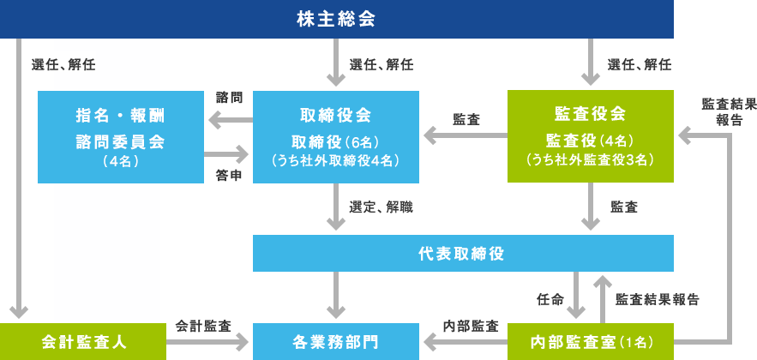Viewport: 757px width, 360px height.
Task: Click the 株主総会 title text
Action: tap(336, 20)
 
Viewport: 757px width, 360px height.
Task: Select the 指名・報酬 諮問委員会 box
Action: tap(121, 137)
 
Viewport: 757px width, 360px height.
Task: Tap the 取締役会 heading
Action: tap(336, 116)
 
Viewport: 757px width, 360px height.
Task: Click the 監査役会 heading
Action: tap(591, 114)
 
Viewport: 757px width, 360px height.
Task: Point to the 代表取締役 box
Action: tap(464, 254)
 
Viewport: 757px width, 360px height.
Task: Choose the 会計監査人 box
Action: tap(83, 342)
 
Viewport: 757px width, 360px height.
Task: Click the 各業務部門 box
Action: tap(336, 342)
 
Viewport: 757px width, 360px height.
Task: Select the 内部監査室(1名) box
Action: tap(591, 342)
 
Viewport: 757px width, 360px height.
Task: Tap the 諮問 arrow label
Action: tap(229, 98)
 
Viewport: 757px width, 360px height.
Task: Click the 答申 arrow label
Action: tap(229, 176)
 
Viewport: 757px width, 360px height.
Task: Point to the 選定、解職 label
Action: tap(382, 207)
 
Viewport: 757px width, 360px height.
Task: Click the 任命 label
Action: tap(550, 299)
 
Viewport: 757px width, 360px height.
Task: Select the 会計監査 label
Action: tap(203, 327)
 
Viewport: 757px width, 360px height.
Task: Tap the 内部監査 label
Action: tap(471, 327)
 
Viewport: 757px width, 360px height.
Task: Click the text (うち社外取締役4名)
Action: tap(336, 160)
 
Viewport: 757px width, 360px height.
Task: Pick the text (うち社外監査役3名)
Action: tap(591, 159)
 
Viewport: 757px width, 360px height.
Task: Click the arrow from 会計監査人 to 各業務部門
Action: tap(207, 343)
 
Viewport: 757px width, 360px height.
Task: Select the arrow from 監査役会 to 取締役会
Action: tap(466, 135)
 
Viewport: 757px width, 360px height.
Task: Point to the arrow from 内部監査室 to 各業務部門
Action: tap(466, 343)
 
